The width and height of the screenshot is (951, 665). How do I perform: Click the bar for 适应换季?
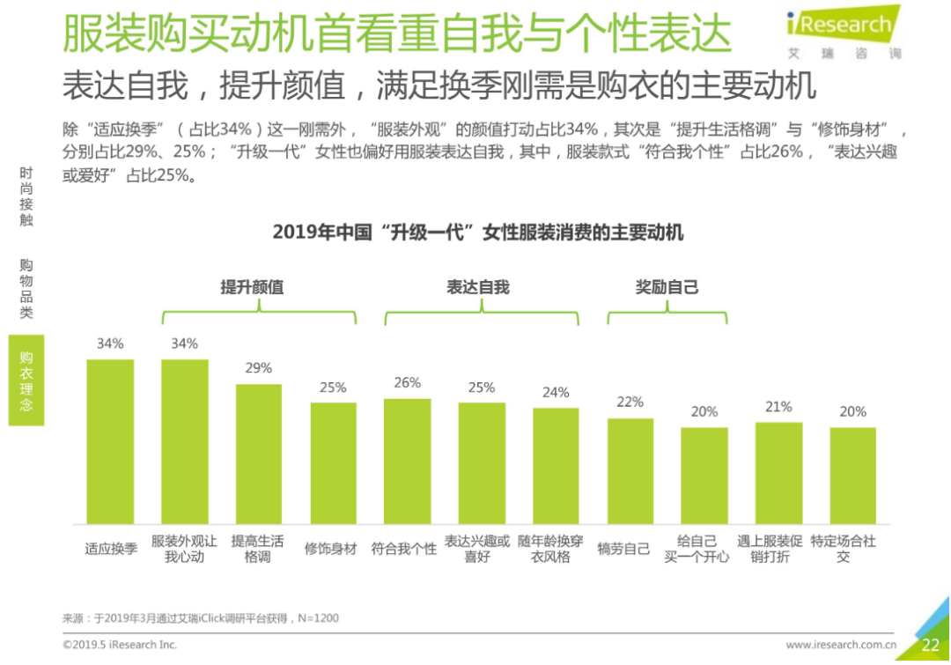point(110,440)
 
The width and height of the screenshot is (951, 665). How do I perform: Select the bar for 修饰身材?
point(333,462)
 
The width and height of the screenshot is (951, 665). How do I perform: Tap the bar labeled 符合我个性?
point(407,461)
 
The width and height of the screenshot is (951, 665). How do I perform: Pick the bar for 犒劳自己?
point(630,470)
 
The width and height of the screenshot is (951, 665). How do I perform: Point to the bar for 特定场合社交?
point(852,476)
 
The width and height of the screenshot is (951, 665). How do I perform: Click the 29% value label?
point(258,368)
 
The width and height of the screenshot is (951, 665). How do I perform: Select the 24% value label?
point(556,393)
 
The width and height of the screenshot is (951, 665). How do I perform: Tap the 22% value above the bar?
point(630,403)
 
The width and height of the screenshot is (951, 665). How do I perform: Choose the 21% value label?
point(778,407)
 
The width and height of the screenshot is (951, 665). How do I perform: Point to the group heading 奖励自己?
point(667,287)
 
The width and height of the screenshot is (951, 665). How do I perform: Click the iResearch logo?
point(840,30)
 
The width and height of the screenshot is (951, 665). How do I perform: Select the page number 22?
point(931,645)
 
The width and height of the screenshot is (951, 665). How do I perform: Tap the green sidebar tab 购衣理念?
point(26,381)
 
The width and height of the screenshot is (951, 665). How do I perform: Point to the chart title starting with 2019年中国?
point(477,233)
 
